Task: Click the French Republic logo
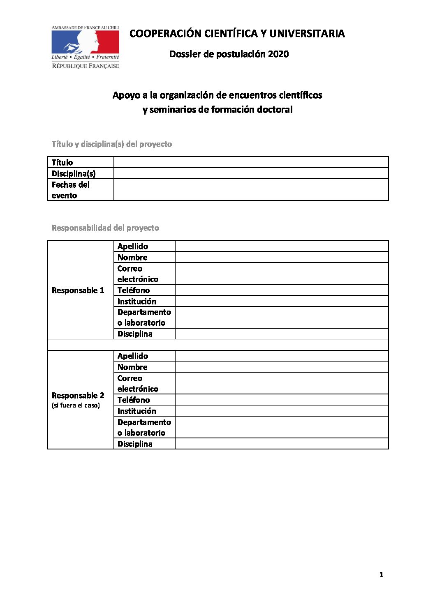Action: coord(85,47)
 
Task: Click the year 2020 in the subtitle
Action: coord(278,54)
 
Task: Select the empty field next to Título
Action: coord(251,162)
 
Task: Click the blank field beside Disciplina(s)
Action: coord(251,173)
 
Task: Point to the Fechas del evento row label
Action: coord(70,190)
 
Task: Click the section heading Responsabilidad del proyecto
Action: coord(105,228)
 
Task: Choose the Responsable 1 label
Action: coord(78,290)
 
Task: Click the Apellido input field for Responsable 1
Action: coord(282,246)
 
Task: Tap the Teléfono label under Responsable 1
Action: coord(133,290)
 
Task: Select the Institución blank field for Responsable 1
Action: coord(282,301)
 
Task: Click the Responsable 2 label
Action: coord(78,396)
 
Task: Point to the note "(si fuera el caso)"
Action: coord(76,405)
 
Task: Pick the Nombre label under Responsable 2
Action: coord(132,367)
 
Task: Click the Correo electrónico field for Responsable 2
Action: coord(282,383)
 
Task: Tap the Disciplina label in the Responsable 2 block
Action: coord(134,444)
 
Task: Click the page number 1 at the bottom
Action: coord(381,575)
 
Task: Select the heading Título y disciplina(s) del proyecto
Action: coord(111,144)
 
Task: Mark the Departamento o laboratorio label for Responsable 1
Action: coord(144,318)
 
